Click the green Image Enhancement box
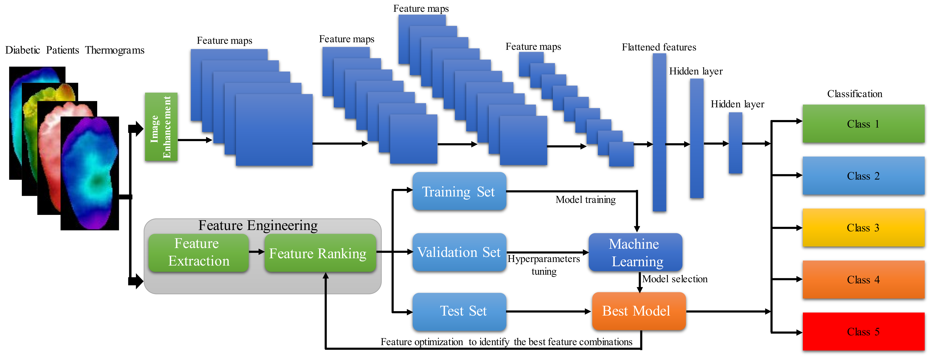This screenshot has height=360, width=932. pyautogui.click(x=161, y=127)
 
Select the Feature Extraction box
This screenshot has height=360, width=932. pyautogui.click(x=199, y=252)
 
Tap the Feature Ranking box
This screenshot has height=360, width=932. pyautogui.click(x=320, y=252)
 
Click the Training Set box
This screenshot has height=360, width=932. pyautogui.click(x=459, y=191)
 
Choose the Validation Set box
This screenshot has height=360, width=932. pyautogui.click(x=459, y=252)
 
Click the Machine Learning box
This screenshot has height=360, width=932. pyautogui.click(x=635, y=252)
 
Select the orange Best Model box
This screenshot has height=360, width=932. pyautogui.click(x=639, y=311)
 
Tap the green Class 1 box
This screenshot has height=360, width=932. pyautogui.click(x=863, y=124)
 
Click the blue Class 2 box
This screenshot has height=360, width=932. pyautogui.click(x=863, y=176)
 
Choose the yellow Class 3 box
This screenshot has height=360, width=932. pyautogui.click(x=863, y=228)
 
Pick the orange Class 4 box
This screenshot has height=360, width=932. pyautogui.click(x=863, y=280)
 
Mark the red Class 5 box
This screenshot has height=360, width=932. pyautogui.click(x=863, y=331)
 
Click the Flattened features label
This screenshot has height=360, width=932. pyautogui.click(x=659, y=47)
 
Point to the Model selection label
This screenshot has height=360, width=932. pyautogui.click(x=675, y=279)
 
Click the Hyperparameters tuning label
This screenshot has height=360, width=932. pyautogui.click(x=544, y=265)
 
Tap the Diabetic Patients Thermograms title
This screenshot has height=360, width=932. pyautogui.click(x=75, y=50)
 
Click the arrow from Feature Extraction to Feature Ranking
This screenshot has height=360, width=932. pyautogui.click(x=257, y=252)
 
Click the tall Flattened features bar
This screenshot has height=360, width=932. pyautogui.click(x=659, y=132)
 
